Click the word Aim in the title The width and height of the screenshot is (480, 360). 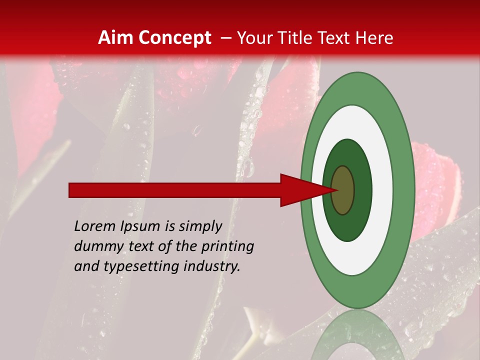[116, 37]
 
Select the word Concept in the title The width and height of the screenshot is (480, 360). [175, 37]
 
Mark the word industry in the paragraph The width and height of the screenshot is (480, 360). [212, 266]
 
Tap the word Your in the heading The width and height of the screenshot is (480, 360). [252, 37]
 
